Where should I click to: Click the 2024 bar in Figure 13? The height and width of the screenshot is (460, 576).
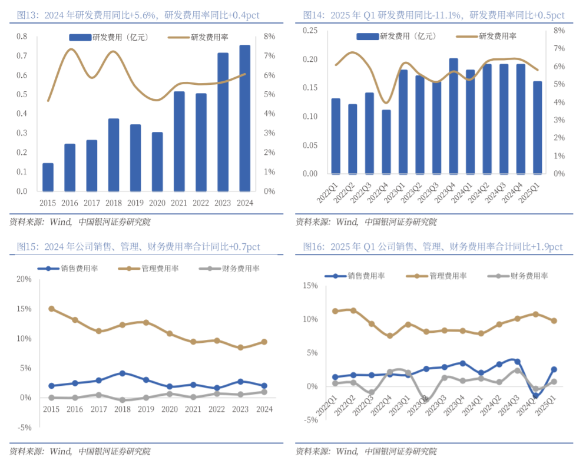(244, 118)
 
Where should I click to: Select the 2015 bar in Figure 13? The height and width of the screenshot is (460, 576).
(48, 177)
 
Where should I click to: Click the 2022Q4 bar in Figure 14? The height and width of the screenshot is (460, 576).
(386, 142)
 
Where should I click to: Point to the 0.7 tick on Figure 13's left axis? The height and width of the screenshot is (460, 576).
(21, 56)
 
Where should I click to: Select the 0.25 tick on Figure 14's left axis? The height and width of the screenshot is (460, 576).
(310, 31)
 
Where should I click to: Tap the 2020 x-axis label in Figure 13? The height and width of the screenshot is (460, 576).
(157, 203)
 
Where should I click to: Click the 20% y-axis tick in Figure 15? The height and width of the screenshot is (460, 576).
(23, 279)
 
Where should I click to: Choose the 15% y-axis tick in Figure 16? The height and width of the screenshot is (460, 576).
(309, 286)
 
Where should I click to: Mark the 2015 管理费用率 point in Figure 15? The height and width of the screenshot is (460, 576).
(51, 309)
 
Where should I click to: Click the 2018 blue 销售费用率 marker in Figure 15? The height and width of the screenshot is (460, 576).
(122, 373)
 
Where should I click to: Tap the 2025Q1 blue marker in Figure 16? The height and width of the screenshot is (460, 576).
(554, 370)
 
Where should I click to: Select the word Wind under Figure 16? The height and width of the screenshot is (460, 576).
(347, 451)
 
